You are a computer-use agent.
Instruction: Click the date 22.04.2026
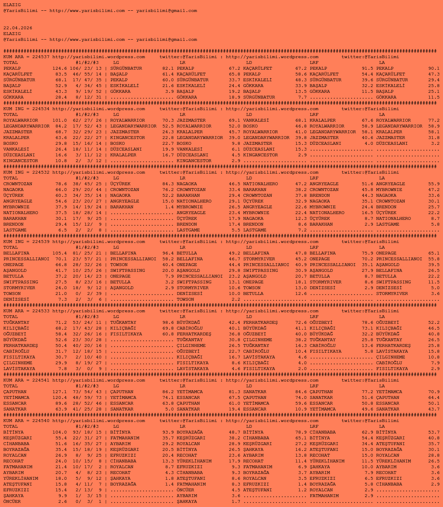[18, 28]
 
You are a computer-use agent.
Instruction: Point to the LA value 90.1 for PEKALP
[434, 68]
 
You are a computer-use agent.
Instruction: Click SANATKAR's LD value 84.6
[301, 392]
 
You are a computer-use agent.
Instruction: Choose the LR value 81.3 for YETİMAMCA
[234, 392]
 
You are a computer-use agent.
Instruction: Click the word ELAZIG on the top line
[12, 5]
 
